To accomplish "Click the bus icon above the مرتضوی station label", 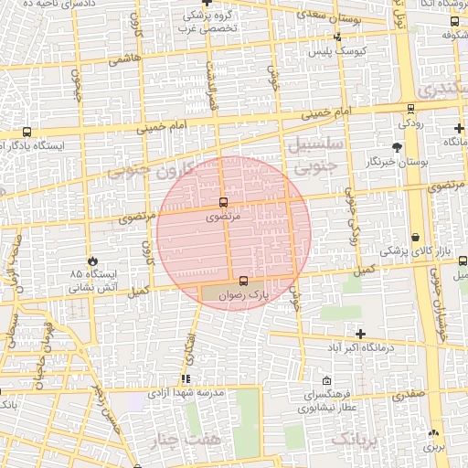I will [x=224, y=201].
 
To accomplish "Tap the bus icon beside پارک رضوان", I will [x=242, y=282].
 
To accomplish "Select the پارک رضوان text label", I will [x=241, y=296].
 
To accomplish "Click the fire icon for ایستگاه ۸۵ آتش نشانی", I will [x=91, y=261].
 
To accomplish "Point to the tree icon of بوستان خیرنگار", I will [x=396, y=146].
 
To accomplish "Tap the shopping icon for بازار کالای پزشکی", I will [x=416, y=237].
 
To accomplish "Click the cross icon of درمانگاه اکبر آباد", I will [x=361, y=334].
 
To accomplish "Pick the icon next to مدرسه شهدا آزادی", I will [x=186, y=378].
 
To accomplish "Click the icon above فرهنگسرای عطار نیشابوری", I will [x=326, y=380].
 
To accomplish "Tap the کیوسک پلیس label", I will [x=337, y=51].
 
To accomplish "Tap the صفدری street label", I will [x=408, y=397].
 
